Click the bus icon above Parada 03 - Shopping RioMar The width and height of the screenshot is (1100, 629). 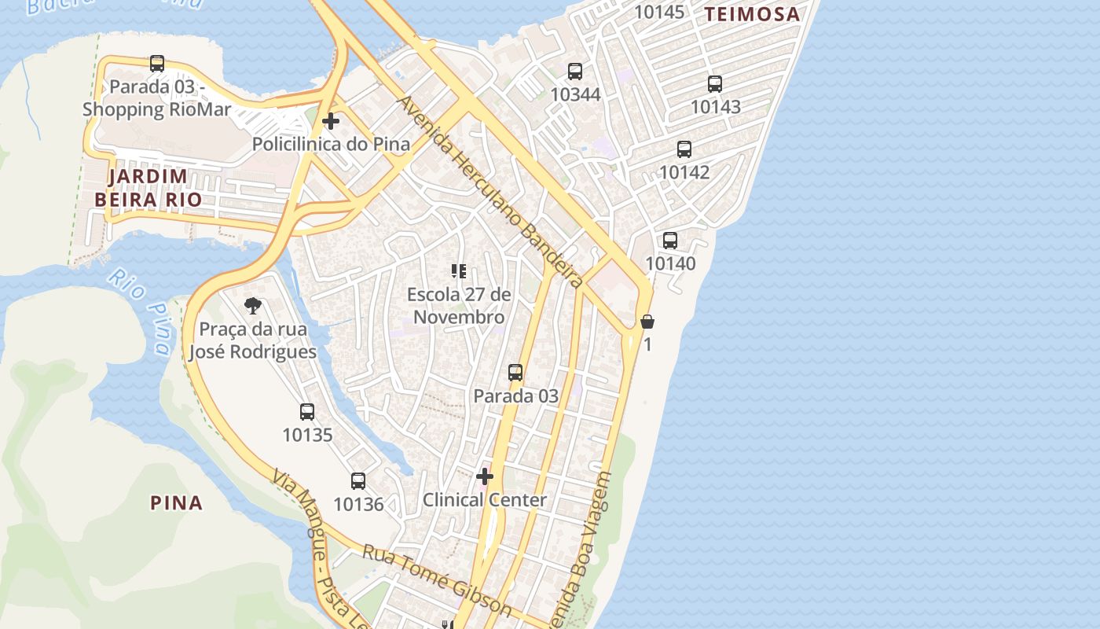coord(157,64)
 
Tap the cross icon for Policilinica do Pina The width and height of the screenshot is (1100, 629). coord(331,121)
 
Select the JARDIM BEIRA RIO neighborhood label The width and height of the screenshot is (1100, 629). coord(148,188)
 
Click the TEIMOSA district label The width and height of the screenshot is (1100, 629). coord(751,14)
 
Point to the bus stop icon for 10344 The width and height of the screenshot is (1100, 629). coord(575,72)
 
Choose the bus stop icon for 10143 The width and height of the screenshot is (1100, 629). coord(715,84)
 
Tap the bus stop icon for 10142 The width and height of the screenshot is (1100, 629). coord(684,149)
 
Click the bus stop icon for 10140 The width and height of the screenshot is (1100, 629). coord(670,241)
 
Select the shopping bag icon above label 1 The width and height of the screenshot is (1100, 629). coord(647,322)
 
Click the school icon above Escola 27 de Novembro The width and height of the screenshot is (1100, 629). coord(459,272)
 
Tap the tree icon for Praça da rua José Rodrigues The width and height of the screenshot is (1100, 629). coord(253,306)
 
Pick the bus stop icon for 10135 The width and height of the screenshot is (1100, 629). coord(307,412)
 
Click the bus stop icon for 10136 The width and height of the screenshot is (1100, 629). coord(358,481)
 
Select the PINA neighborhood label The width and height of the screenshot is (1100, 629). coord(177,503)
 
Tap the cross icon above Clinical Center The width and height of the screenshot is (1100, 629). coord(485,476)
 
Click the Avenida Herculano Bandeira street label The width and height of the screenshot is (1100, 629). coord(490,193)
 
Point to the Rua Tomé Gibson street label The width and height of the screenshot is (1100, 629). coord(437,580)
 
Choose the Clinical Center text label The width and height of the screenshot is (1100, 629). coord(485,500)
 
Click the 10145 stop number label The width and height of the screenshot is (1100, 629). coord(659,12)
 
